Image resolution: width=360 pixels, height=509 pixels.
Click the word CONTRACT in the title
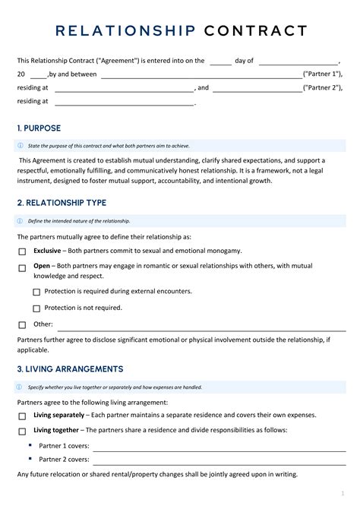254,31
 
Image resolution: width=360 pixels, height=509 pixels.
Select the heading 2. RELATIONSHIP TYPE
62,203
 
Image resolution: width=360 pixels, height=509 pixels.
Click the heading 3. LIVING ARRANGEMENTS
70,369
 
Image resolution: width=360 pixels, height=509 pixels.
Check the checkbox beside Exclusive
22,251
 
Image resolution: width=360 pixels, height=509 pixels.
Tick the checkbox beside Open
22,267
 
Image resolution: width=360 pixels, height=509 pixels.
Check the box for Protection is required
36,292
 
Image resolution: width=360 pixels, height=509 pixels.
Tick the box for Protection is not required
36,308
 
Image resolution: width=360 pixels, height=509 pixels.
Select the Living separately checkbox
22,416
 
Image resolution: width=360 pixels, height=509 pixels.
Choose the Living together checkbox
22,431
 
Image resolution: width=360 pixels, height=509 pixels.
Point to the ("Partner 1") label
322,74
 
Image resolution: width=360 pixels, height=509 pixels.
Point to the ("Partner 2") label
322,87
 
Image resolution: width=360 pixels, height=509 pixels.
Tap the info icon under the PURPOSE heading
20,146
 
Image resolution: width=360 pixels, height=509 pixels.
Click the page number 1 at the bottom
343,493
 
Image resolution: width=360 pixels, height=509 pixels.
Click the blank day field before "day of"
220,61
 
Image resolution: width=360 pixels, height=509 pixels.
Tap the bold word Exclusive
47,250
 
